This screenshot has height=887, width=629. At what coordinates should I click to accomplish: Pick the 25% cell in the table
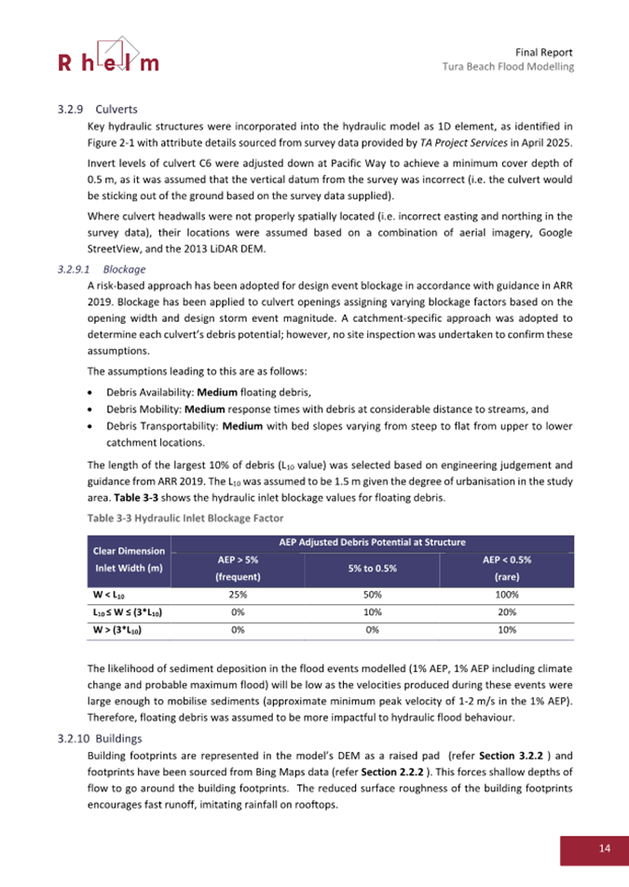pos(237,593)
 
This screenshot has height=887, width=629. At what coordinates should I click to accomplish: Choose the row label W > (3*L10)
pos(117,630)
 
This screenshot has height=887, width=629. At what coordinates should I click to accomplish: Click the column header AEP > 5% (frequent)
pos(237,567)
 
